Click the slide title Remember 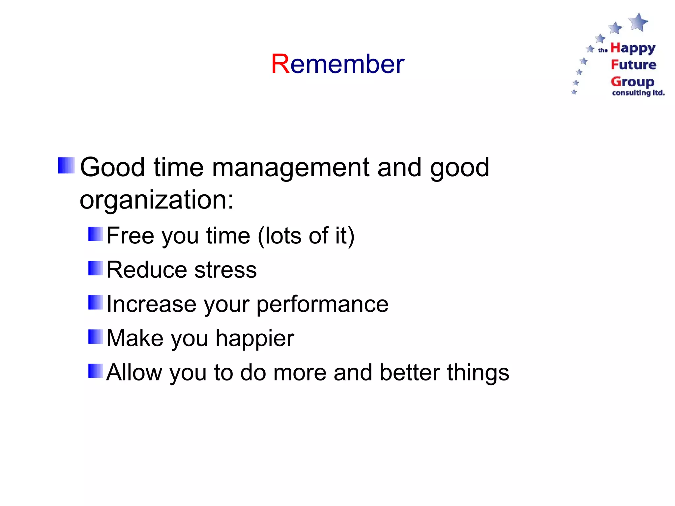[x=337, y=64]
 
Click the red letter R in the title [x=280, y=64]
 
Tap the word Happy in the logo [x=633, y=48]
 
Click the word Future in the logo [x=633, y=65]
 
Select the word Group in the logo [x=632, y=81]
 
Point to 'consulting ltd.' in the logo [x=638, y=93]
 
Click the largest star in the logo [x=638, y=22]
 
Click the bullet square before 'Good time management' [x=66, y=165]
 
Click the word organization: [x=157, y=200]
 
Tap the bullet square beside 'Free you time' [x=96, y=234]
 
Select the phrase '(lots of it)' [x=306, y=236]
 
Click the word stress [x=225, y=270]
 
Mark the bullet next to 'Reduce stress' [x=96, y=268]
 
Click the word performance [x=322, y=304]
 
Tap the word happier [x=254, y=338]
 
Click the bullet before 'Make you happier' [x=96, y=336]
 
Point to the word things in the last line [x=478, y=373]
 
